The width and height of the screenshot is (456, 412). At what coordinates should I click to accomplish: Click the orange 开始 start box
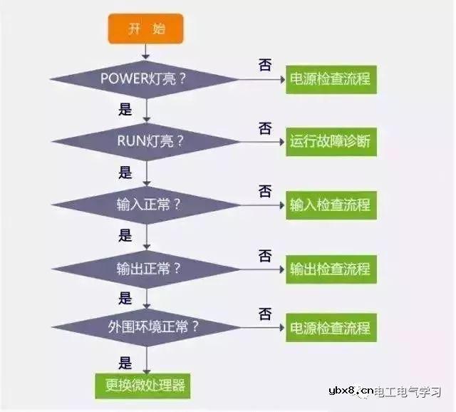(x=146, y=29)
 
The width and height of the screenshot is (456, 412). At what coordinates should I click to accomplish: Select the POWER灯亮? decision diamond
(x=146, y=77)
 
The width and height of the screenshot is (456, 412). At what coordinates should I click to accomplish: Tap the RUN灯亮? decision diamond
(x=146, y=140)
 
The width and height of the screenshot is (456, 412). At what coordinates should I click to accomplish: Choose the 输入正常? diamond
(x=146, y=204)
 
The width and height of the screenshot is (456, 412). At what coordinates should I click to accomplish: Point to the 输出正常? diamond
(x=146, y=269)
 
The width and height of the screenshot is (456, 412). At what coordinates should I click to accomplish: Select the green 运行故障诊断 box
(x=330, y=141)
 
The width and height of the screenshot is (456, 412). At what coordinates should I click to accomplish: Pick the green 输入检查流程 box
(x=330, y=205)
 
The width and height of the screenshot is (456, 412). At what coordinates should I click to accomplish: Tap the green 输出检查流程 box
(x=330, y=269)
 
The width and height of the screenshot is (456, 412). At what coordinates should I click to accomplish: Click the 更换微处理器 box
(x=146, y=386)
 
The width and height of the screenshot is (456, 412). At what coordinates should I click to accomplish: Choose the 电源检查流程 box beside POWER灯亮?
(x=330, y=78)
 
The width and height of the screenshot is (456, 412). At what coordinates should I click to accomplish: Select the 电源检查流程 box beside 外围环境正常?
(x=330, y=328)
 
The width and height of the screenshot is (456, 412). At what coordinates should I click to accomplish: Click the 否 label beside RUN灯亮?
(x=264, y=128)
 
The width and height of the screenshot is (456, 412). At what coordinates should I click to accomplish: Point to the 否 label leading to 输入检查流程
(x=264, y=191)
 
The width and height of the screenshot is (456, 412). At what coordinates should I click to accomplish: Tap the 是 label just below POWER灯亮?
(x=125, y=109)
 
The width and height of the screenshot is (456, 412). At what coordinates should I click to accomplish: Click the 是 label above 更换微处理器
(x=125, y=362)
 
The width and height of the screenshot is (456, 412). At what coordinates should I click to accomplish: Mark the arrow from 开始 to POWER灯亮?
(x=146, y=50)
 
